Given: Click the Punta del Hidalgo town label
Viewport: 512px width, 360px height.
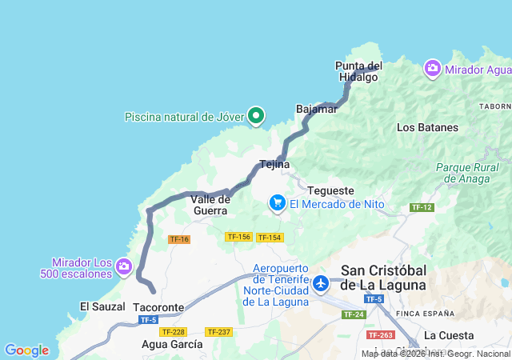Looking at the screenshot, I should coord(359,71).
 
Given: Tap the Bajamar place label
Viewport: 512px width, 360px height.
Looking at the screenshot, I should coord(316,109).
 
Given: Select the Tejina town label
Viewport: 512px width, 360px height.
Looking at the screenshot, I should coord(274,165).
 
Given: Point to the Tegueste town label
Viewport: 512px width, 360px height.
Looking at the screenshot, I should coord(330,191).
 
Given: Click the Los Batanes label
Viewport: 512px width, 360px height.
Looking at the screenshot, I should coord(427,127).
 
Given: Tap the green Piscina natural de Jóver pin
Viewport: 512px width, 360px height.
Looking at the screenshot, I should coord(256,117).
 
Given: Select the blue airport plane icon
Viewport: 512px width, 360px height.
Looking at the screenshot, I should coord(321,283).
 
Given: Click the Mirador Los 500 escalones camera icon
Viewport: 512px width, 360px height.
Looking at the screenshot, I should coord(123,266).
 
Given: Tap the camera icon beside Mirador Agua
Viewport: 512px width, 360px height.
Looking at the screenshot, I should coord(433,69).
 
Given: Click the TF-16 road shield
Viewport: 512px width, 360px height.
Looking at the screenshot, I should coord(179,239).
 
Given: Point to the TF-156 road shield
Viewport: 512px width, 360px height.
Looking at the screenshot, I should coord(239,237).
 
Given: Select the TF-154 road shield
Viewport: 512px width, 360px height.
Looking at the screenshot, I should coord(270,238).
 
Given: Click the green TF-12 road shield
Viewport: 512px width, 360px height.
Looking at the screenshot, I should coord(422,207).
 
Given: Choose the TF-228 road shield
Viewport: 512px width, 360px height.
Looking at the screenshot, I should coord(173,331).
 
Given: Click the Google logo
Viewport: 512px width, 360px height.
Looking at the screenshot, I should coord(26,350).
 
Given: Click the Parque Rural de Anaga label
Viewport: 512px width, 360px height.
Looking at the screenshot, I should coord(467,174).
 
